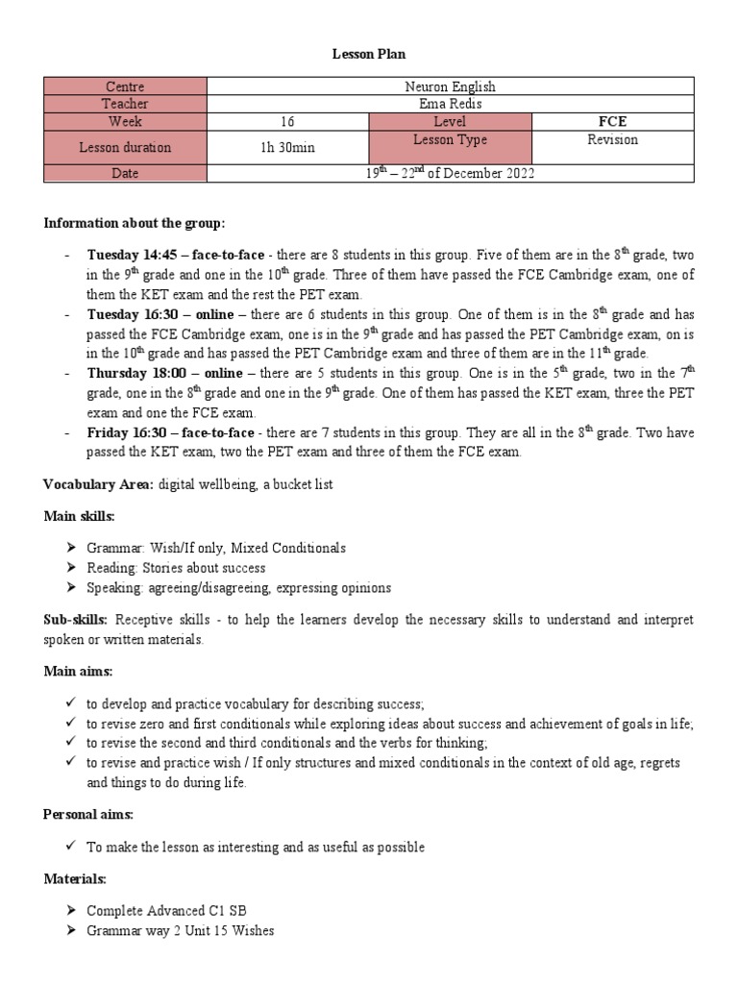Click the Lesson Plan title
point(369,55)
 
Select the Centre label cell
point(125,86)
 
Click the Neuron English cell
point(450,86)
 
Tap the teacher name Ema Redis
point(450,104)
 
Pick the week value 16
point(288,122)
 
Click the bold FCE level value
point(612,122)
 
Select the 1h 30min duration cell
point(288,147)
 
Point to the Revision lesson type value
point(612,140)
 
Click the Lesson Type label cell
point(450,140)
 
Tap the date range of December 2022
point(450,173)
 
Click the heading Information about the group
point(135,224)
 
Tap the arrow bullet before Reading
point(71,568)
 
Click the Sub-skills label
point(75,620)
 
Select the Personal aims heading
point(88,814)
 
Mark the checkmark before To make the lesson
point(71,847)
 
